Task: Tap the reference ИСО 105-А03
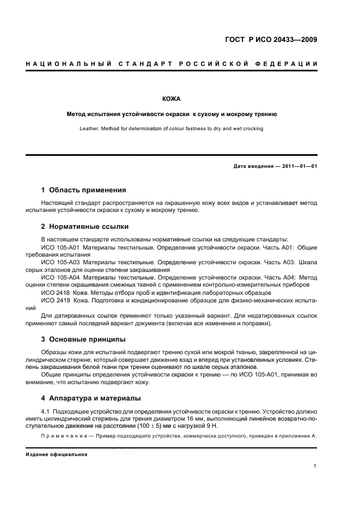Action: tap(60, 262)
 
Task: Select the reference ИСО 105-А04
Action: tap(60, 277)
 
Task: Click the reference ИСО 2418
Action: tap(54, 293)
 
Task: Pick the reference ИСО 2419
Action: tap(54, 300)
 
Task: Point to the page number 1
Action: tap(315, 466)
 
